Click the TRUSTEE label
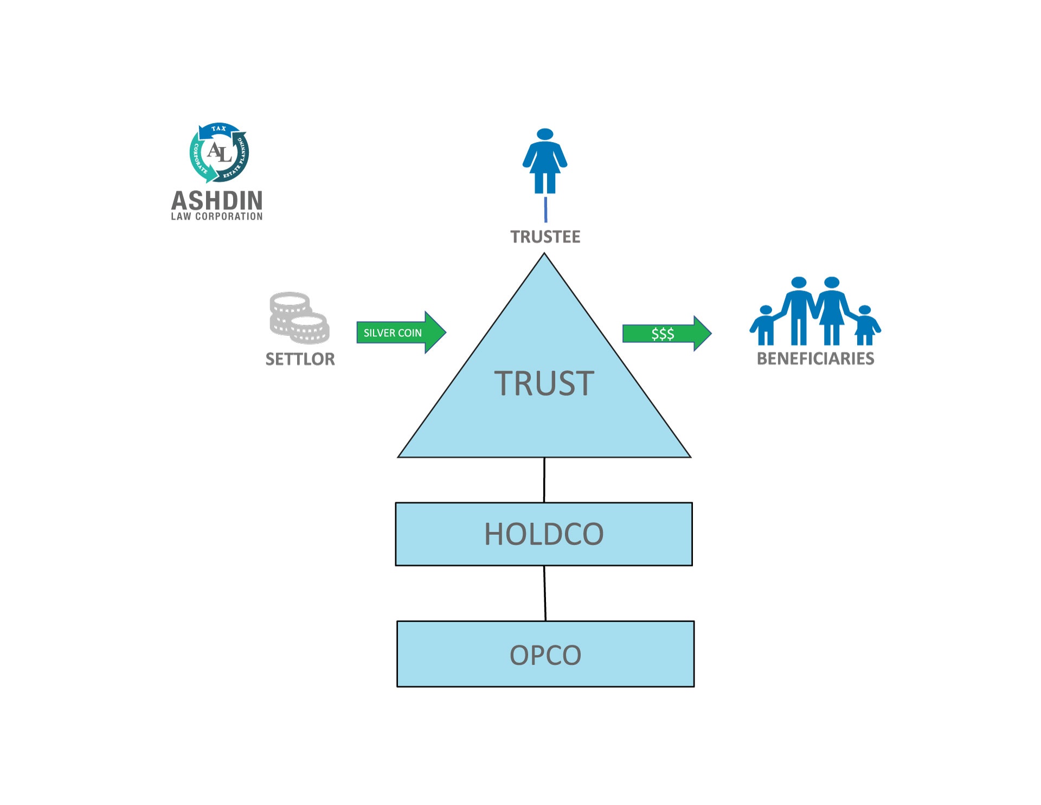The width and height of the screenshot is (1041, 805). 545,237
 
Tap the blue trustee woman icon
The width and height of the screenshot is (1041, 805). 545,161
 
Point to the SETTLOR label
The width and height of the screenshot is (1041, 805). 300,359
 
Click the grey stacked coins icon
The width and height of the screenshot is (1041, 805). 299,318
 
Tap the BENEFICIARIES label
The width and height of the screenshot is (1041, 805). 815,359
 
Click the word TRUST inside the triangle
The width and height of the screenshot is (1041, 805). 544,384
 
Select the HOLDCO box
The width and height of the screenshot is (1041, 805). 544,534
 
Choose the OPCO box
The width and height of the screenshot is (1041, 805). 545,654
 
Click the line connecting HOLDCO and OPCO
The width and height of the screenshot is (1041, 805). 545,593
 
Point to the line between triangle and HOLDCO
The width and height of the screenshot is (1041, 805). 544,480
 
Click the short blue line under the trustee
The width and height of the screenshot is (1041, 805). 545,209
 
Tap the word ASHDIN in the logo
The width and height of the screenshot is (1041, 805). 217,201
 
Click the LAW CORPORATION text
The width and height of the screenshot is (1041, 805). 217,216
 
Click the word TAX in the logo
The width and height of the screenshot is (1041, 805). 219,129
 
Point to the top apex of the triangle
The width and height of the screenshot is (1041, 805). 544,255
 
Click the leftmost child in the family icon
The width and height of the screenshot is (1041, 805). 765,325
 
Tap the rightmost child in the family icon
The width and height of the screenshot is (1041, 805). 865,325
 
